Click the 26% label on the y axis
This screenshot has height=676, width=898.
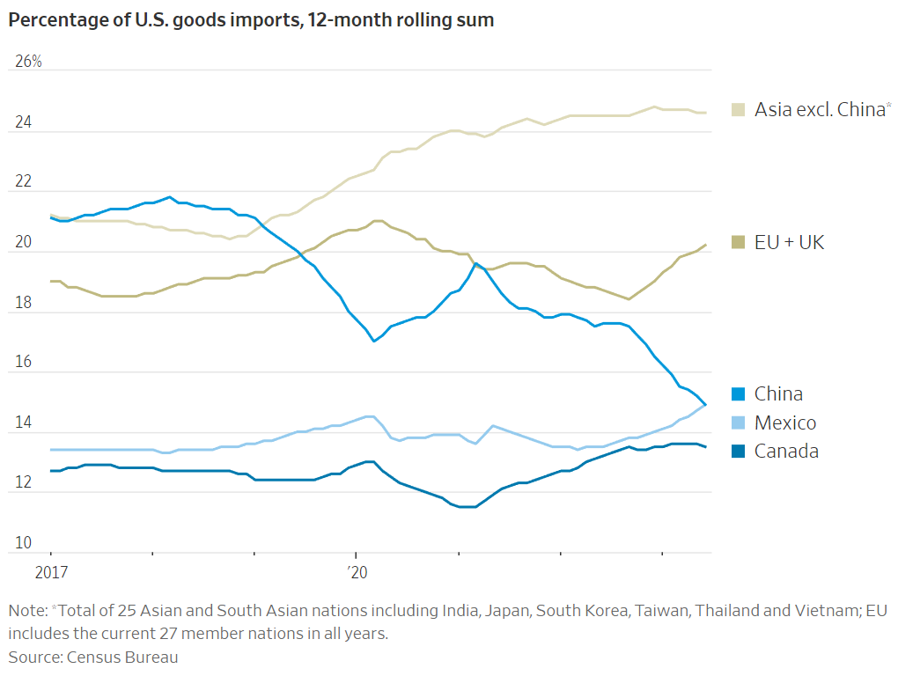[28, 62]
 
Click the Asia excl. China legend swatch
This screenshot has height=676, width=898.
[740, 109]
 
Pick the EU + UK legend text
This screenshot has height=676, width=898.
[789, 242]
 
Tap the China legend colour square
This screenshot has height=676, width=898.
[740, 393]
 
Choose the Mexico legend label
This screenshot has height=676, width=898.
[785, 422]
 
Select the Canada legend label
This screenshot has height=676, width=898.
[786, 451]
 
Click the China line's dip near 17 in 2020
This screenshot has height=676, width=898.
[374, 341]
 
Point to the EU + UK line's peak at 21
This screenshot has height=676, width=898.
[377, 221]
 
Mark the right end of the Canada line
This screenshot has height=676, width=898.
[705, 447]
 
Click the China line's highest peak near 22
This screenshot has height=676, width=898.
[169, 197]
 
